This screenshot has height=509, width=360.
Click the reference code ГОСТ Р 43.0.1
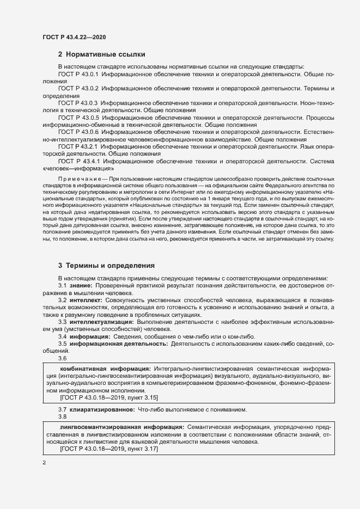tap(77, 73)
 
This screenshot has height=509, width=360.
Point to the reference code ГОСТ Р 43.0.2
tap(77, 88)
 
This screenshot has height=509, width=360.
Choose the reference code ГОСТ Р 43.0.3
tap(77, 103)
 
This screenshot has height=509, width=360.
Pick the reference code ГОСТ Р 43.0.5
tap(78, 117)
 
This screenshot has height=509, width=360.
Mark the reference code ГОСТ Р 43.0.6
tap(77, 132)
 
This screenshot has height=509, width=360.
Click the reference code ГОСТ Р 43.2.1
tap(77, 146)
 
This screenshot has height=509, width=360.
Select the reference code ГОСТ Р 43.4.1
tap(78, 161)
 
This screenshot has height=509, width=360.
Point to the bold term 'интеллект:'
tap(85, 301)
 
